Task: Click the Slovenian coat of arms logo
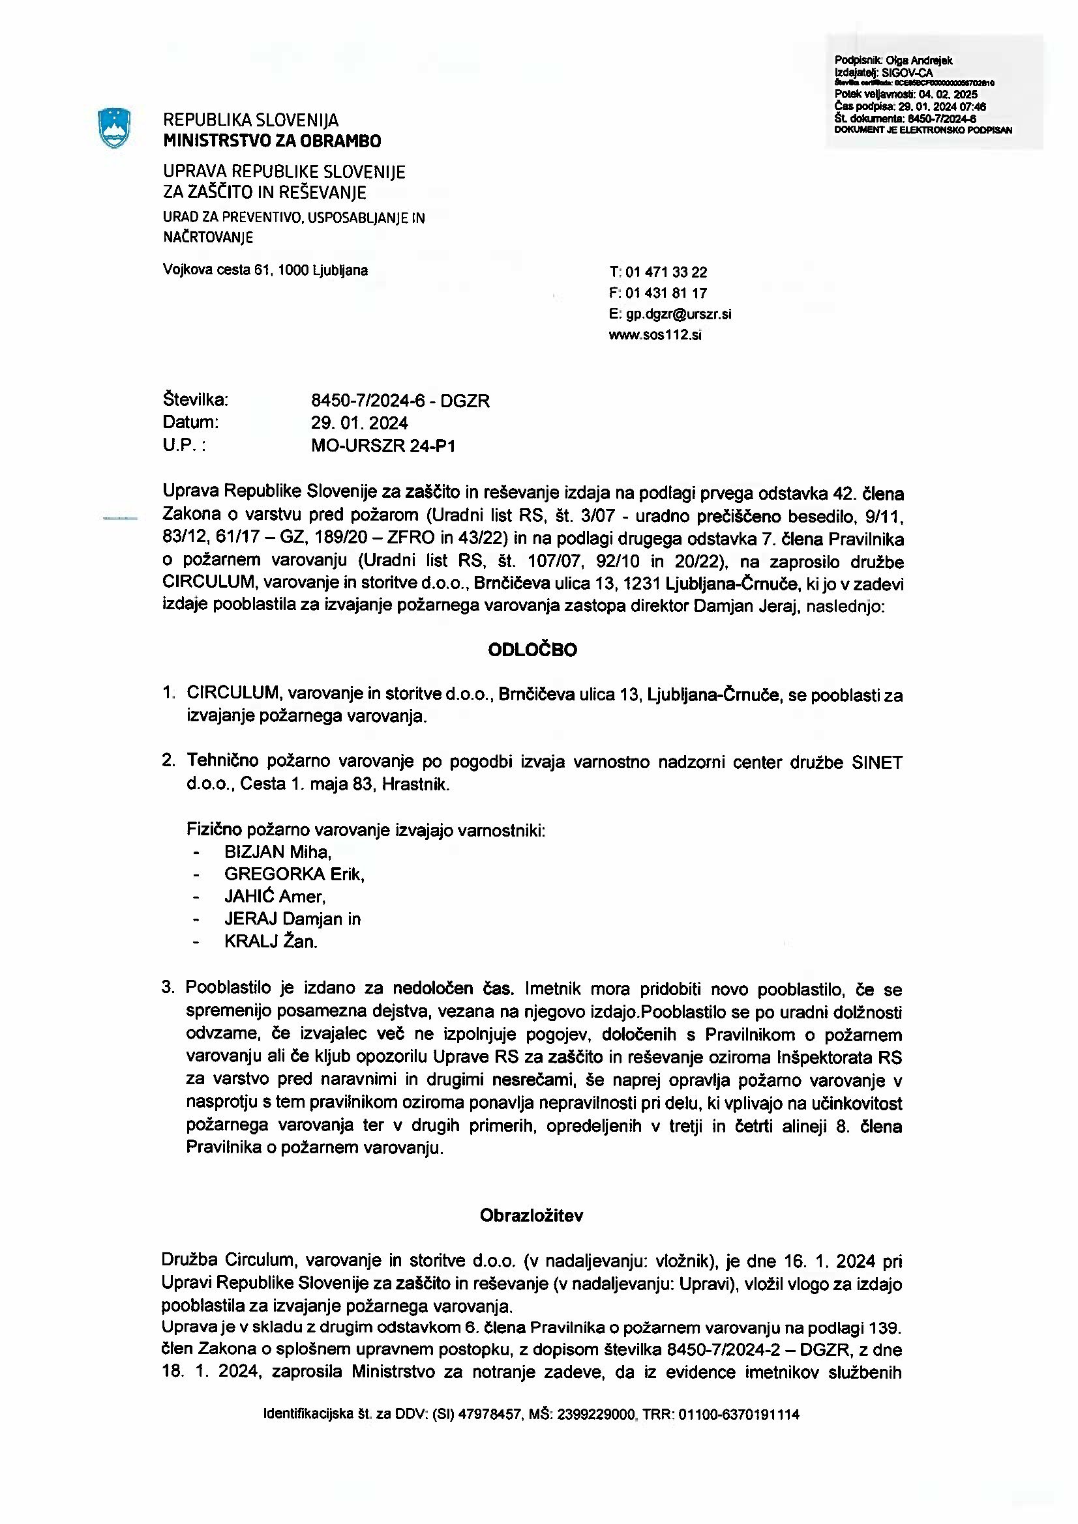(x=113, y=128)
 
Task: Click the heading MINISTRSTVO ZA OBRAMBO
(x=273, y=141)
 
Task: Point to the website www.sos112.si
(x=655, y=334)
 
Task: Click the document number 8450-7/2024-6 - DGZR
(x=400, y=401)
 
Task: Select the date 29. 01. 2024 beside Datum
(x=359, y=423)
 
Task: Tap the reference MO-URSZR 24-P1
(x=383, y=446)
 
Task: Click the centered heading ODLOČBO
(x=533, y=650)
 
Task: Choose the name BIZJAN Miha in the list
(x=277, y=852)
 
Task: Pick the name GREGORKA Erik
(x=294, y=874)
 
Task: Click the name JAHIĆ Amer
(x=275, y=897)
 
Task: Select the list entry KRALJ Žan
(x=271, y=942)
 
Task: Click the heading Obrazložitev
(x=532, y=1216)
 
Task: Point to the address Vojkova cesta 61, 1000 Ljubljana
(x=265, y=270)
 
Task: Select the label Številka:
(x=195, y=400)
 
